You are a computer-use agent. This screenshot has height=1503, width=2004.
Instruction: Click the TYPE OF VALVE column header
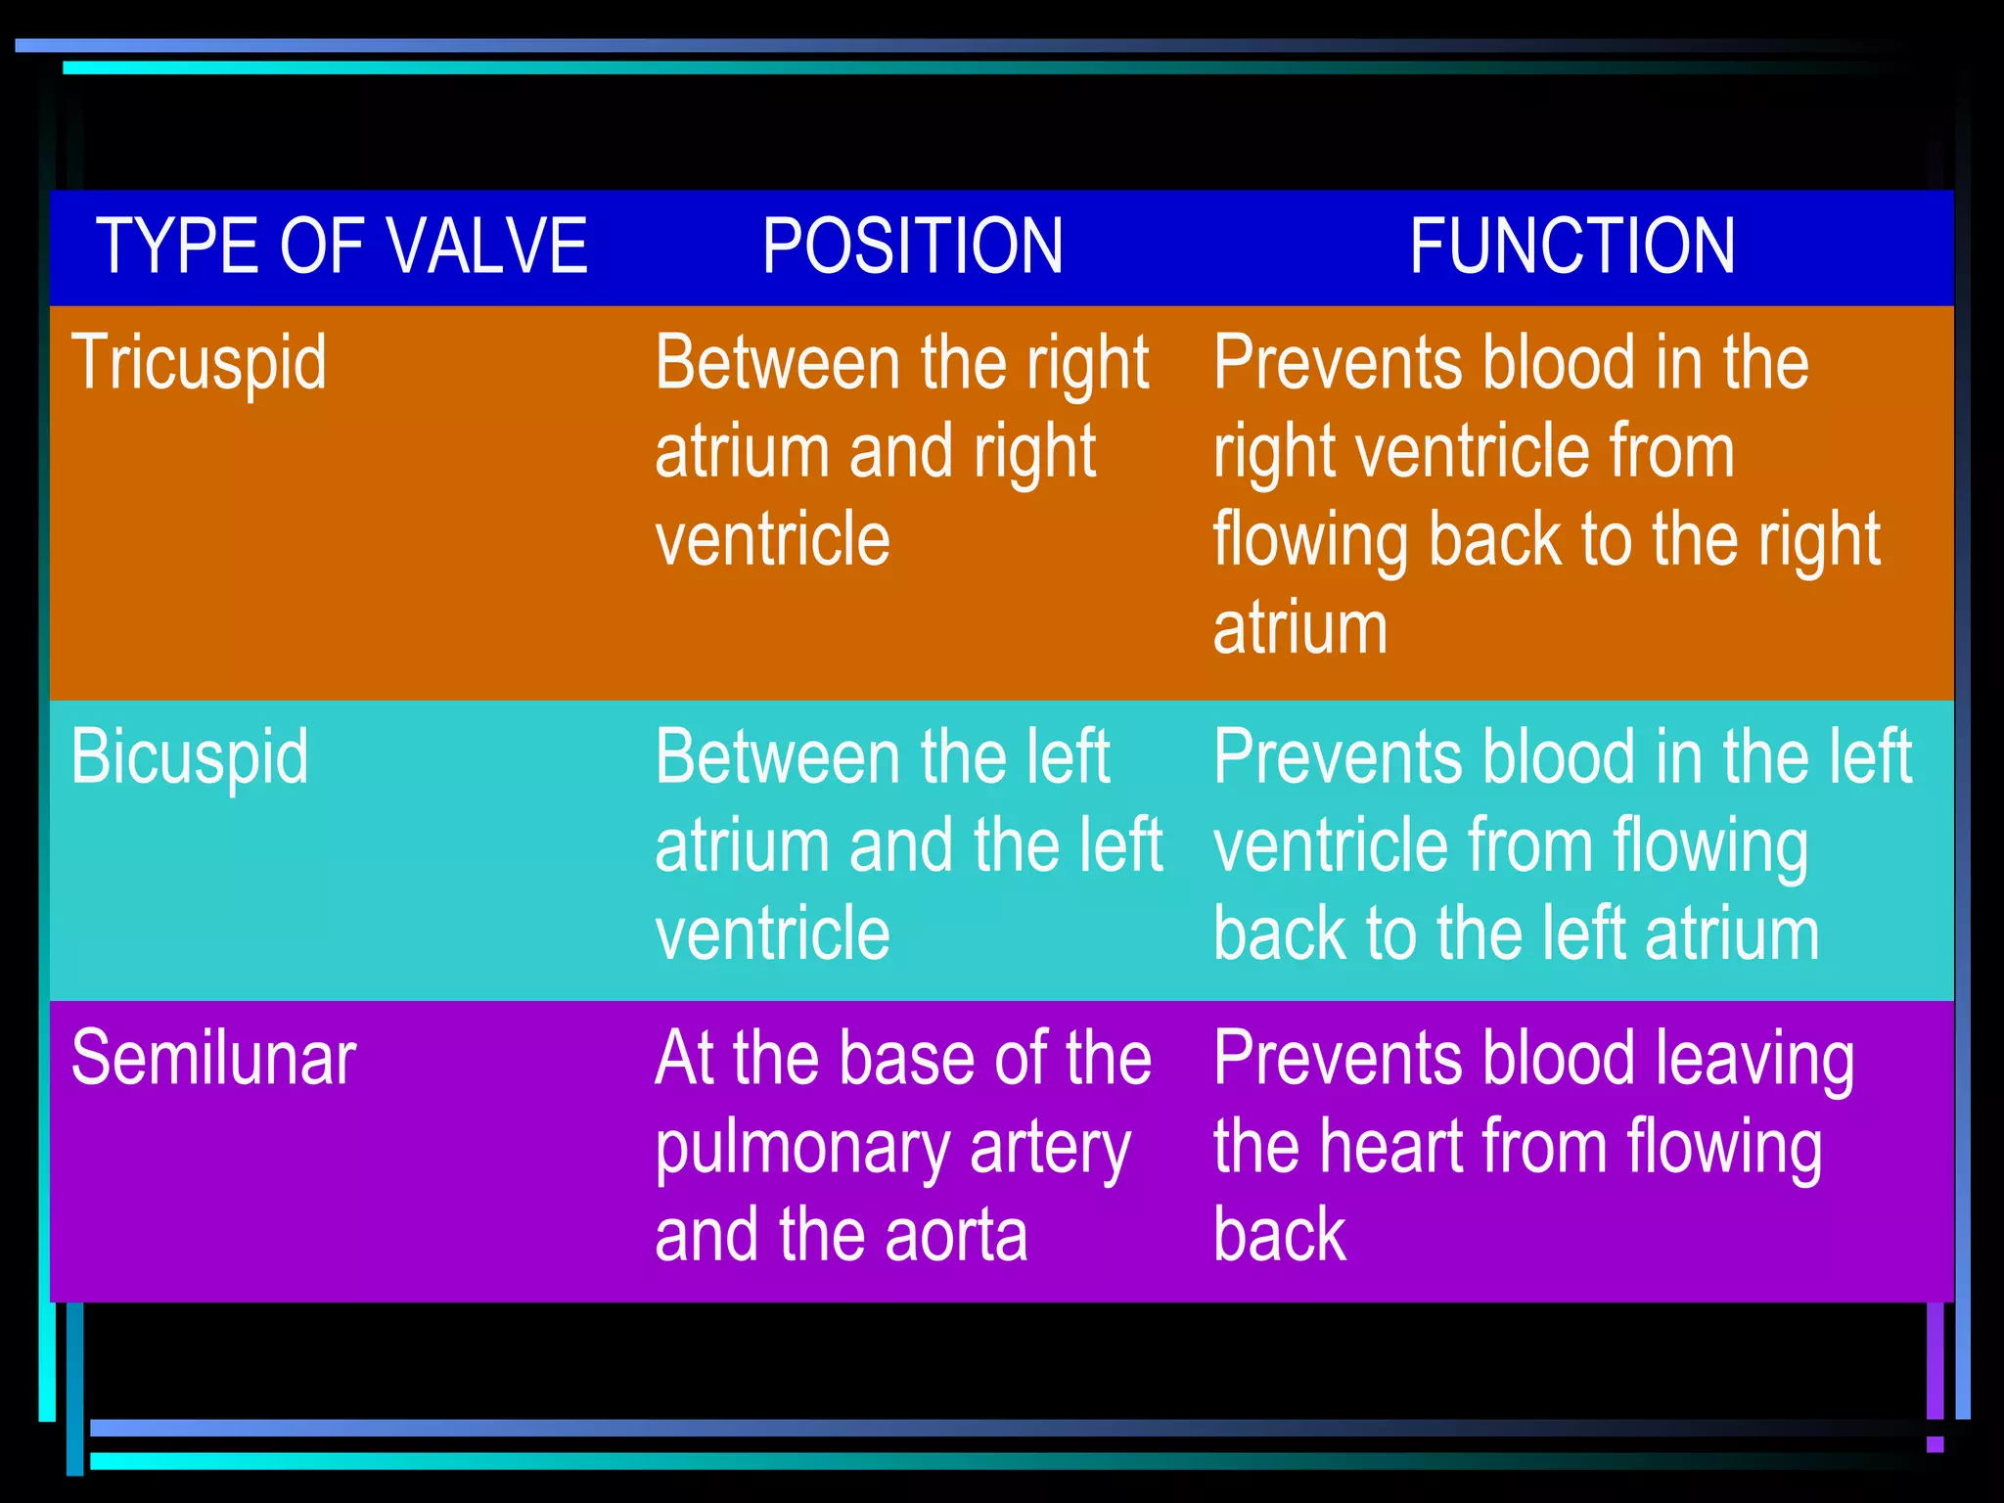tap(342, 246)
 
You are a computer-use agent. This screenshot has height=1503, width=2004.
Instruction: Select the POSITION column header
tap(912, 246)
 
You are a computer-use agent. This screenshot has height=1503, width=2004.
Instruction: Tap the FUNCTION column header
tap(1572, 246)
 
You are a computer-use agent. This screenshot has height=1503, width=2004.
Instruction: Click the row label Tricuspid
tap(199, 363)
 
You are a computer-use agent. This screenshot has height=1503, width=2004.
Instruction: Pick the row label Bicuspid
tap(190, 757)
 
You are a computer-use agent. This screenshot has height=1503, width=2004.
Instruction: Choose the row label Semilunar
tap(213, 1059)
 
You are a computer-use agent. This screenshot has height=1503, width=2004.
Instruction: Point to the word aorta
tap(956, 1235)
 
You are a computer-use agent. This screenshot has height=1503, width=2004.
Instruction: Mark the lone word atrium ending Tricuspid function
tap(1299, 628)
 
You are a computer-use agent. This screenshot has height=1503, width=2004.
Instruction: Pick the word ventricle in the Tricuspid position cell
tap(772, 539)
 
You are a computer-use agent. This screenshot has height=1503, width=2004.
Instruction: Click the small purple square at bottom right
tap(1935, 1444)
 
